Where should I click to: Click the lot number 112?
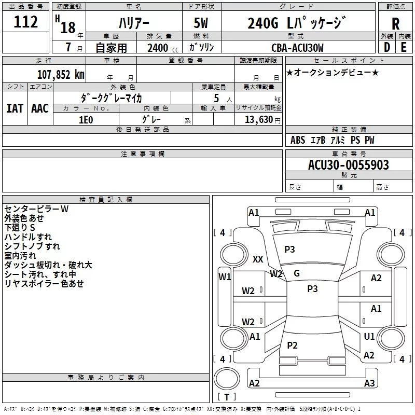coord(26,22)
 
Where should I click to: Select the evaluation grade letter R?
coord(395,24)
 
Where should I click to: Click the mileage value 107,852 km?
coord(61,74)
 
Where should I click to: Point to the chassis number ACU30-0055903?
coord(348,165)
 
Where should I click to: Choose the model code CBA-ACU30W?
coord(297,48)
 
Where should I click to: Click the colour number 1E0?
coord(86,119)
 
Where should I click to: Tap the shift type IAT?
coord(15,108)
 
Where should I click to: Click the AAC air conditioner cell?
coord(40,108)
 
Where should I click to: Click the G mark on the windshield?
coord(297,273)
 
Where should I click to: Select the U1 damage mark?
coord(369,337)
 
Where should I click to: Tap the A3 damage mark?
coord(369,383)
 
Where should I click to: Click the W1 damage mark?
coord(225,277)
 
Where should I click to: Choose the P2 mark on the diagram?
coord(293,345)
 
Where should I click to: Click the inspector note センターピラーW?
coord(36,209)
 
